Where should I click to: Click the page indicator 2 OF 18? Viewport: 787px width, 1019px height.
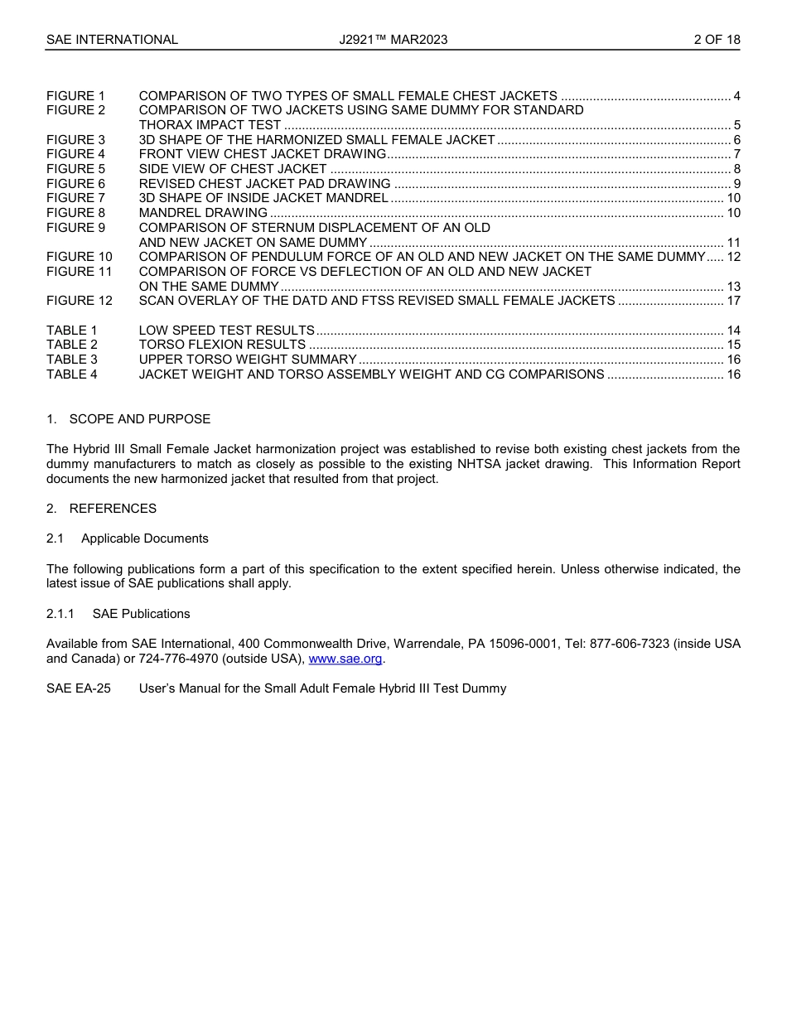point(717,40)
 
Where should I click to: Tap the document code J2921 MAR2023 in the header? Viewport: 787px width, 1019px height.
point(393,40)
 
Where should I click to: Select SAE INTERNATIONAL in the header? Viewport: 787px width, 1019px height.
point(112,40)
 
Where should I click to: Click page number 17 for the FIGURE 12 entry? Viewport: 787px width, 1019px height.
point(733,301)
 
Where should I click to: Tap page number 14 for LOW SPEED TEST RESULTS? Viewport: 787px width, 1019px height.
point(733,331)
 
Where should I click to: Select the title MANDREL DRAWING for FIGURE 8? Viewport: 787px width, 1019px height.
point(203,213)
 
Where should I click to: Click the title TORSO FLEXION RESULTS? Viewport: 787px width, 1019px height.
point(222,345)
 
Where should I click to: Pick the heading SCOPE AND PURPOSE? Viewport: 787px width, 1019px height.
point(140,419)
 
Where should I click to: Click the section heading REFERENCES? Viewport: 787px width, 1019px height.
point(113,509)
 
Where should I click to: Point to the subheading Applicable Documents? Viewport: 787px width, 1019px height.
point(145,538)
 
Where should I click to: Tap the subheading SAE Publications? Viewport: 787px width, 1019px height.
point(142,614)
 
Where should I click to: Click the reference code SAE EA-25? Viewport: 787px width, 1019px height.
point(79,688)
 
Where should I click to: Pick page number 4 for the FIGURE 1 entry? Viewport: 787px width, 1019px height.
point(736,96)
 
